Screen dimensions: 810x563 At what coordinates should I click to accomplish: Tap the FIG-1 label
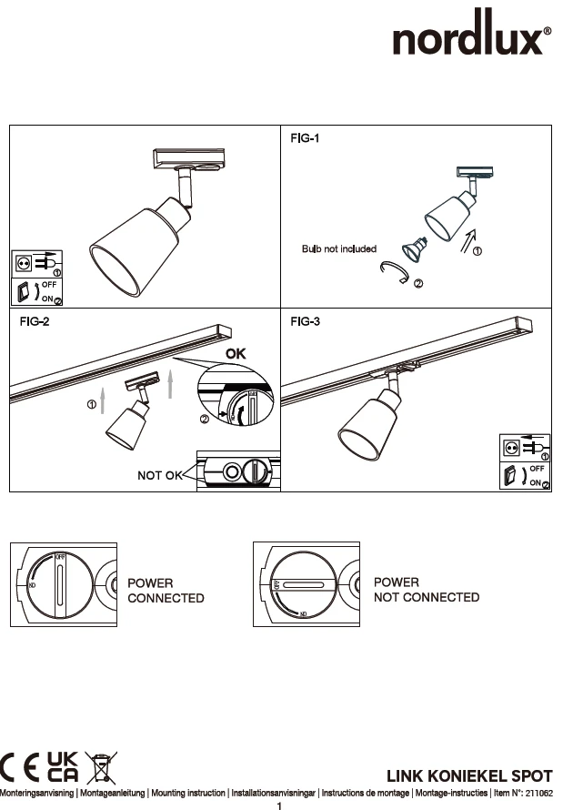point(305,139)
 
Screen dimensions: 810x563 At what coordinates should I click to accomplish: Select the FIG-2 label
point(35,321)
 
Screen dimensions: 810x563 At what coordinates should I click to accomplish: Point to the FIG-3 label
point(307,321)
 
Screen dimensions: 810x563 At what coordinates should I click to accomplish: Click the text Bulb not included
point(339,248)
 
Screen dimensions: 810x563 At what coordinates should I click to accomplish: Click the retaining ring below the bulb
point(398,272)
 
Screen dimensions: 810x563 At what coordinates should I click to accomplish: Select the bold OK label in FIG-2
point(237,352)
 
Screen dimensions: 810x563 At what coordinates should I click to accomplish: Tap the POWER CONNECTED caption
point(166,591)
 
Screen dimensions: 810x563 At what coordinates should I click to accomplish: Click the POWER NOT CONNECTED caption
point(427,590)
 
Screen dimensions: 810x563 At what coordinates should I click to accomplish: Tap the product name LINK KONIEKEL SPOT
point(469,776)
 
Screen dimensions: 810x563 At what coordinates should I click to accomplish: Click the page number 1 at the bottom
point(280,805)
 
